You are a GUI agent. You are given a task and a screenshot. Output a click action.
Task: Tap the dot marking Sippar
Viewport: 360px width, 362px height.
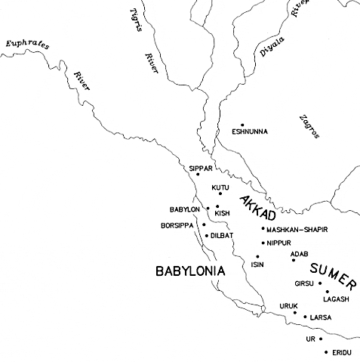pos(198,175)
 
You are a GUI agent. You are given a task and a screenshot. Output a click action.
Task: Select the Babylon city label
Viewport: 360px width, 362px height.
pos(185,209)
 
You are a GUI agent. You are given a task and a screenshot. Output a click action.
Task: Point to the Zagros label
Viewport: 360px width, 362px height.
pos(309,126)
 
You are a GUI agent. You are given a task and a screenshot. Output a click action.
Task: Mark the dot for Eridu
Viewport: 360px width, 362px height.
pos(326,351)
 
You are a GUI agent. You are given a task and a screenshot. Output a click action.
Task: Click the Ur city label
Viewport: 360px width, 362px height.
pos(309,339)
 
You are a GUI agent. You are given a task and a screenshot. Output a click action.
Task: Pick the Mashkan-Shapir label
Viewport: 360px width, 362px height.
pos(297,229)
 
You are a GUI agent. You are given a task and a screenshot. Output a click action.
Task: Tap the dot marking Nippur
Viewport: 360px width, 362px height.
pos(263,243)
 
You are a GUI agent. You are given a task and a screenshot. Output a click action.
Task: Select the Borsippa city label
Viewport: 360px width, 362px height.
pos(177,225)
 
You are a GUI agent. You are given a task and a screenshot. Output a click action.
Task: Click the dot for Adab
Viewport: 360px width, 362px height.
pos(293,260)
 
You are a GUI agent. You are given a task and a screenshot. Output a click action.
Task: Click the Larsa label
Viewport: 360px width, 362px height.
pos(321,318)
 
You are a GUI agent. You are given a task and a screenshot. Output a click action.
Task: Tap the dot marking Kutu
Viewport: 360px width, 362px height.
pos(220,193)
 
